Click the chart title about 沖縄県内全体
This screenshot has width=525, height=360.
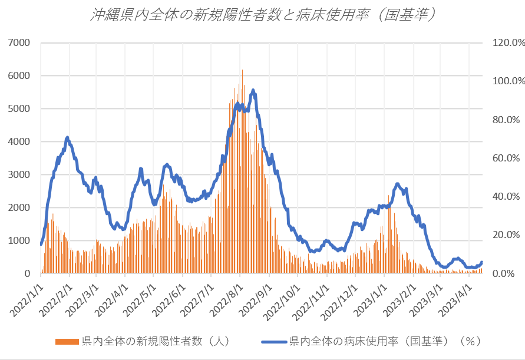point(262,15)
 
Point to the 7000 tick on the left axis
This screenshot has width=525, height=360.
point(20,43)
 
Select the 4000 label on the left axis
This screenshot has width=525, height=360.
point(20,142)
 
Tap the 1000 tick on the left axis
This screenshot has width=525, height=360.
point(20,241)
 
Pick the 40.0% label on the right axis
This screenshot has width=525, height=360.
point(504,197)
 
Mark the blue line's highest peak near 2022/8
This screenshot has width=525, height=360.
point(253,90)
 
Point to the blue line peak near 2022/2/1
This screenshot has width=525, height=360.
point(68,138)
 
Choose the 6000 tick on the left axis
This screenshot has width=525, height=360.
point(20,76)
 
